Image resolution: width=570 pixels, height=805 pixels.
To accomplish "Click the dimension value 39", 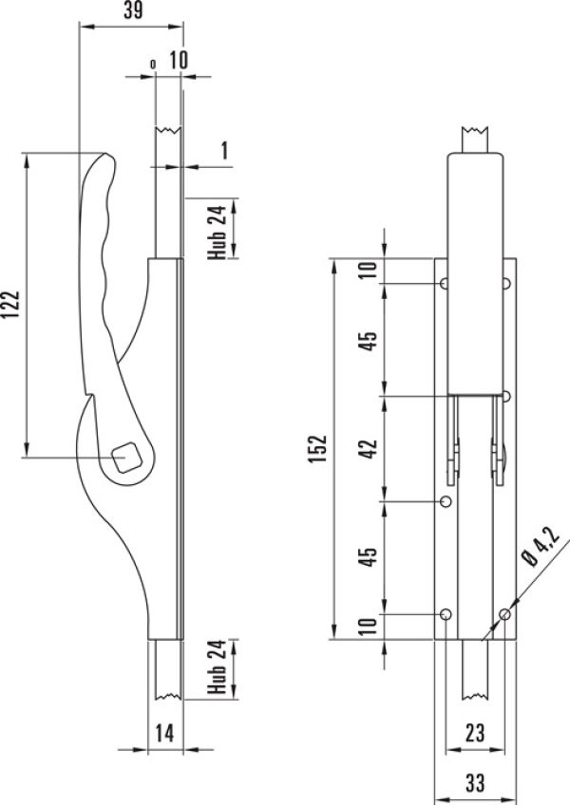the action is click(x=133, y=9).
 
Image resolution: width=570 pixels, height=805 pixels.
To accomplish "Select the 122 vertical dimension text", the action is click(x=10, y=305).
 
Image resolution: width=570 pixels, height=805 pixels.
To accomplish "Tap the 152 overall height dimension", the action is click(x=317, y=448).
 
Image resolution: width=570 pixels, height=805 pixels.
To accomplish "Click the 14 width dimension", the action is click(x=164, y=733).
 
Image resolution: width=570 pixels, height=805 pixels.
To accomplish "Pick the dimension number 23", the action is click(x=474, y=733).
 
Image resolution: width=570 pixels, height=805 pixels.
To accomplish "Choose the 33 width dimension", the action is click(x=475, y=783).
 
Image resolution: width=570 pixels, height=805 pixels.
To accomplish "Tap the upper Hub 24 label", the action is click(x=217, y=232).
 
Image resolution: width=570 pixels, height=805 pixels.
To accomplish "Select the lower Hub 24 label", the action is click(x=217, y=667).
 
